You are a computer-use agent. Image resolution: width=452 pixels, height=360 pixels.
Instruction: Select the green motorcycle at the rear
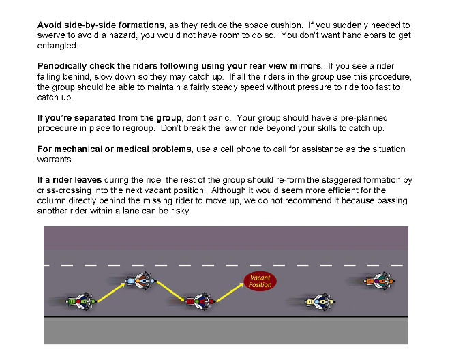(81, 301)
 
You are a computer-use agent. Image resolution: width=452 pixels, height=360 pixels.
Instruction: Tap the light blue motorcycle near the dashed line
(139, 280)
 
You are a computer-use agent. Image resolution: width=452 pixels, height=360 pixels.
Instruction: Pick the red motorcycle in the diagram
(199, 300)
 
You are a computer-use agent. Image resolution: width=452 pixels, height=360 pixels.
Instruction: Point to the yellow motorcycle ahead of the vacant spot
(317, 300)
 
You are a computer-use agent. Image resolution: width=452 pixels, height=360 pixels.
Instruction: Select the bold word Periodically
(62, 66)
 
